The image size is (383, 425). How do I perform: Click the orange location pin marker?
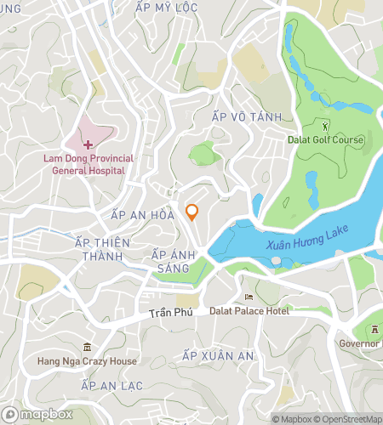pos(192,212)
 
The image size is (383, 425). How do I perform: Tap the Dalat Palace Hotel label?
pos(249,311)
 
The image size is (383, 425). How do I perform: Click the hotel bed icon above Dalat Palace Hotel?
pos(249,297)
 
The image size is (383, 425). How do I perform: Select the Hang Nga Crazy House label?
pos(87,361)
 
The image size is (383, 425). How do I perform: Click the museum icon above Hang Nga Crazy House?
pos(86,347)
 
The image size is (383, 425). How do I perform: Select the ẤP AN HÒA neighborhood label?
pos(142,216)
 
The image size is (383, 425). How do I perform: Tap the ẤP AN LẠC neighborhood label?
pos(111,385)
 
